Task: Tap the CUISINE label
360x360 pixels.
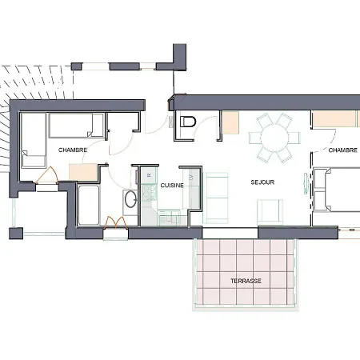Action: click(172, 185)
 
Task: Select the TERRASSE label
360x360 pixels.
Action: click(245, 281)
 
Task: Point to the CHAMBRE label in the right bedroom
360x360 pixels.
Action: click(342, 150)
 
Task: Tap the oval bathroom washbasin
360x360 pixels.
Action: click(129, 200)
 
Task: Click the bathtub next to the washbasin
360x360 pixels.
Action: click(89, 204)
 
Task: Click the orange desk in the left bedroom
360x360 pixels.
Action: click(83, 170)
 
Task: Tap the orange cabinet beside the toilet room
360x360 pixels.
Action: click(230, 122)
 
